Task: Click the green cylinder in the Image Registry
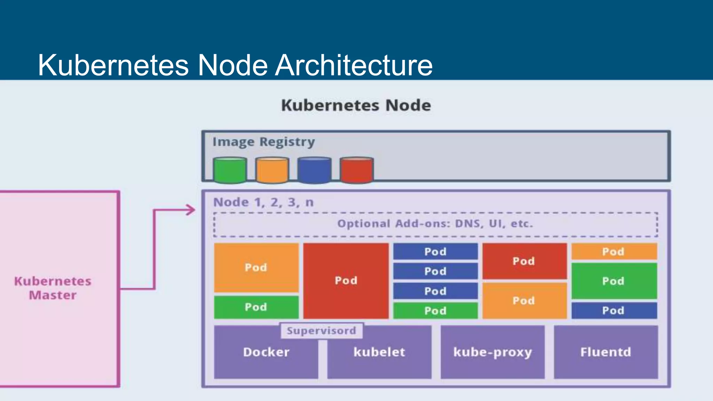pos(230,170)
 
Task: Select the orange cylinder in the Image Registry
pos(272,170)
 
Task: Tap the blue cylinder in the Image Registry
pos(314,170)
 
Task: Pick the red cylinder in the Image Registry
pos(356,170)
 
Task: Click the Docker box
pos(266,359)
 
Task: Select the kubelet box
pos(379,359)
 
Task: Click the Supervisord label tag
pos(321,331)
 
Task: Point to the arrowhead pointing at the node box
pos(191,210)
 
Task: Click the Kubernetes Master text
pos(53,288)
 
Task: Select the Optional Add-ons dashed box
pos(435,224)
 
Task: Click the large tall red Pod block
pos(346,281)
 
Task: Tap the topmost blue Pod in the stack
pos(435,251)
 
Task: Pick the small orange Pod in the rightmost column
pos(614,251)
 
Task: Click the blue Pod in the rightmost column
pos(614,310)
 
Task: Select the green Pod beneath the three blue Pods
pos(435,310)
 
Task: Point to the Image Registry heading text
pos(264,142)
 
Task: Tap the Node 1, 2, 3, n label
pos(264,202)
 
